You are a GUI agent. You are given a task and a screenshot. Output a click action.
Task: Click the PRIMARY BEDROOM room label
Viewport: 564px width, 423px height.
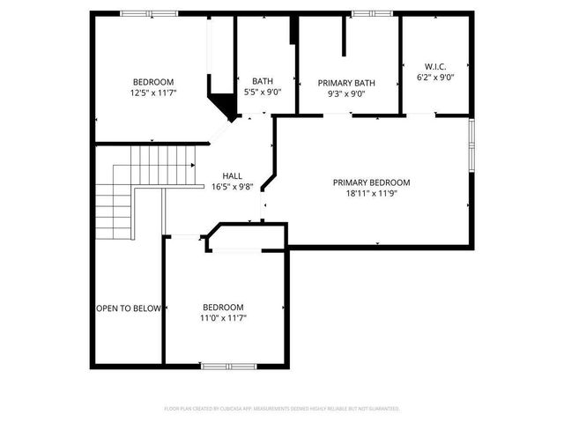pos(371,182)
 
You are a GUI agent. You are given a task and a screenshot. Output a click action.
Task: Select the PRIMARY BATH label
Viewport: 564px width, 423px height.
pos(346,83)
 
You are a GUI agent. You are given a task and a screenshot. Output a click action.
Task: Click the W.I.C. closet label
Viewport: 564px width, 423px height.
pos(434,66)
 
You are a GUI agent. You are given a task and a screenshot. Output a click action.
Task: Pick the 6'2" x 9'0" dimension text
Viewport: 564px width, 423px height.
pos(434,77)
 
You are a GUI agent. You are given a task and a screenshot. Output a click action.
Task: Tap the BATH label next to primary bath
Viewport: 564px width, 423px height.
pos(262,81)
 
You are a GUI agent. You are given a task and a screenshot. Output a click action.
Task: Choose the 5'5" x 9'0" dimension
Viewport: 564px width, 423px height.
pos(262,92)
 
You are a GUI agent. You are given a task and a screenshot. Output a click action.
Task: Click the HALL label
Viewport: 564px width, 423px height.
pos(232,175)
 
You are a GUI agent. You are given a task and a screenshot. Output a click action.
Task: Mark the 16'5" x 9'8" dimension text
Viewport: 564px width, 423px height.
pos(232,186)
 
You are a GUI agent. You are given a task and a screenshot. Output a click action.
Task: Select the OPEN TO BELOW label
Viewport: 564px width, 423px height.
pos(129,308)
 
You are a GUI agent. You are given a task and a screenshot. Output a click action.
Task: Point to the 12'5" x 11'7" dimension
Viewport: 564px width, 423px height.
pos(153,92)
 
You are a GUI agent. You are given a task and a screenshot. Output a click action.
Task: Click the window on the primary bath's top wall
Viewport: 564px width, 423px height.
pos(360,13)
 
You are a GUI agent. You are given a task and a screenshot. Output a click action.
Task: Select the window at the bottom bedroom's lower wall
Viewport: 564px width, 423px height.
pos(216,366)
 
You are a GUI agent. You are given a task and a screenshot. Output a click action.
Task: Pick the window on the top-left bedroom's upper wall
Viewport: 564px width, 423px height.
pos(137,13)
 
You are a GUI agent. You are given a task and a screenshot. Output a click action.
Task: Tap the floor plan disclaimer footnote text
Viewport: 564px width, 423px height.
pos(282,409)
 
